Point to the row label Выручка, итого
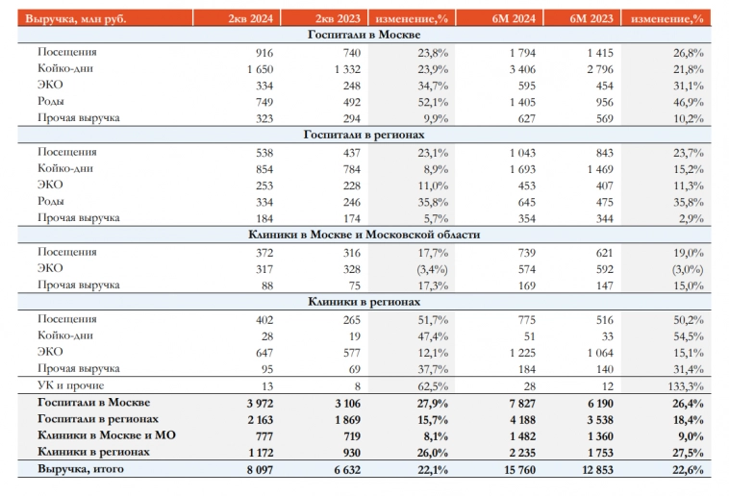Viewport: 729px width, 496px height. [82, 469]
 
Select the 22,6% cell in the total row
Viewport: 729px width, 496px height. [685, 469]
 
